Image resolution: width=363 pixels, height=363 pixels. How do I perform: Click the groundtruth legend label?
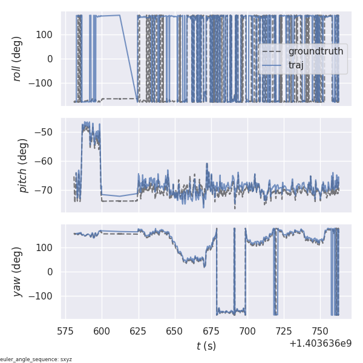pyautogui.click(x=315, y=51)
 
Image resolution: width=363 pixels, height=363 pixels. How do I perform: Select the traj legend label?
pyautogui.click(x=296, y=65)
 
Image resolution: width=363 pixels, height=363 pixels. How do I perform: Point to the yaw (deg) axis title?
pyautogui.click(x=19, y=272)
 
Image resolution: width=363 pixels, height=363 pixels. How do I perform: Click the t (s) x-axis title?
pyautogui.click(x=206, y=346)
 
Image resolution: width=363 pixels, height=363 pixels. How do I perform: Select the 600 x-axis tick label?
pyautogui.click(x=102, y=330)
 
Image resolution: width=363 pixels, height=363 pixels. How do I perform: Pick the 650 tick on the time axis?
pyautogui.click(x=175, y=330)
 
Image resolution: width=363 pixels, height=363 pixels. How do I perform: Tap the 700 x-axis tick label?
pyautogui.click(x=247, y=330)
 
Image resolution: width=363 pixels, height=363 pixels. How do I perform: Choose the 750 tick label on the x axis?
pyautogui.click(x=320, y=330)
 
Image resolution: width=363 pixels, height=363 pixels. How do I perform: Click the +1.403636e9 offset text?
pyautogui.click(x=320, y=344)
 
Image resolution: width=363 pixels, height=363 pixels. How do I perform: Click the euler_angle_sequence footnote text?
pyautogui.click(x=36, y=359)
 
